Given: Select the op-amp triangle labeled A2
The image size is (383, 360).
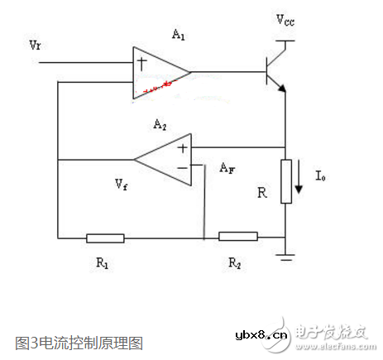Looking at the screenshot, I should (x=166, y=159).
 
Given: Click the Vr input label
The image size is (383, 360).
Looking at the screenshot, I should (x=34, y=41).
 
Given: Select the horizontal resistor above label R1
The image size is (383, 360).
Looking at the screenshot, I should (x=105, y=238).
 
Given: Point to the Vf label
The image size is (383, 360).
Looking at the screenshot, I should (x=122, y=180).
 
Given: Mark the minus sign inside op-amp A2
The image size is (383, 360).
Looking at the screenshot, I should (x=180, y=168).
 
